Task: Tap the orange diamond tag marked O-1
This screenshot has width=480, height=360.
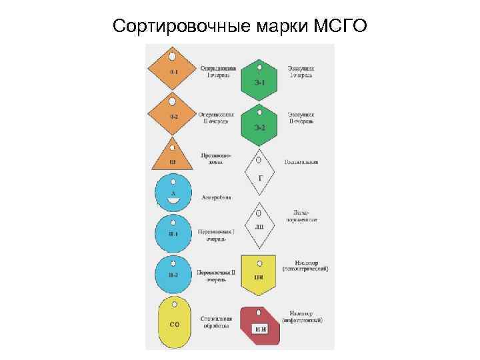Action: pos(173,70)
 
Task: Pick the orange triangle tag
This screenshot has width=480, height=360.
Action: pos(173,157)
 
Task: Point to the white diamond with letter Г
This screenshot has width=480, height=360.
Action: pos(260,169)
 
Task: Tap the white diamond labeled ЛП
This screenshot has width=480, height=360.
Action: pos(260,220)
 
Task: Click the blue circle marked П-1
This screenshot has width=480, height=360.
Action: pos(173,233)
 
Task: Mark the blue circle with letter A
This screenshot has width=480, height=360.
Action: pos(173,192)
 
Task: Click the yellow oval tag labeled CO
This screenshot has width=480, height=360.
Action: pos(174,323)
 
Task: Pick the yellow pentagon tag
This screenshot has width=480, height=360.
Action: pos(259,274)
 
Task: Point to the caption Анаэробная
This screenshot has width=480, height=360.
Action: pos(217,197)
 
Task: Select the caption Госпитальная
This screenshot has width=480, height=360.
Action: pos(301,161)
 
